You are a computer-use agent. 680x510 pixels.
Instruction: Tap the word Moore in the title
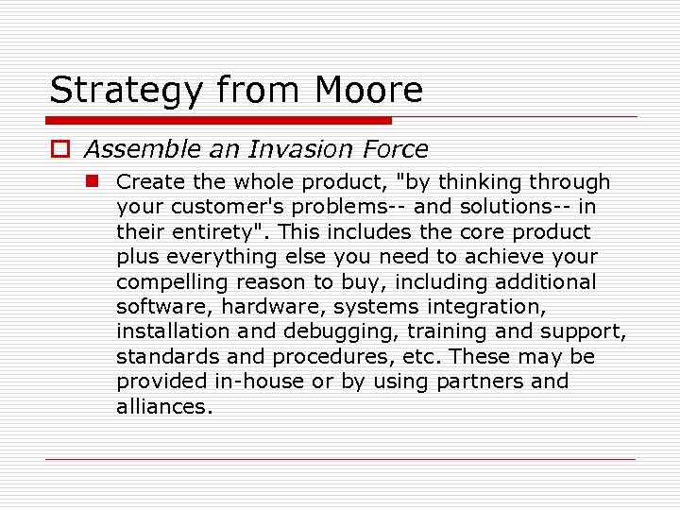click(x=368, y=91)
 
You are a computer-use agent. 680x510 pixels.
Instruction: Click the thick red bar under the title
click(x=218, y=121)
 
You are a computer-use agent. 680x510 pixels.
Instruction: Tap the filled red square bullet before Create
click(x=94, y=181)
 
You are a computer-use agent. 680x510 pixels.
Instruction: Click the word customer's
click(x=212, y=207)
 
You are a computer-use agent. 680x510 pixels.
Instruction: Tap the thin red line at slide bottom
click(x=340, y=460)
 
